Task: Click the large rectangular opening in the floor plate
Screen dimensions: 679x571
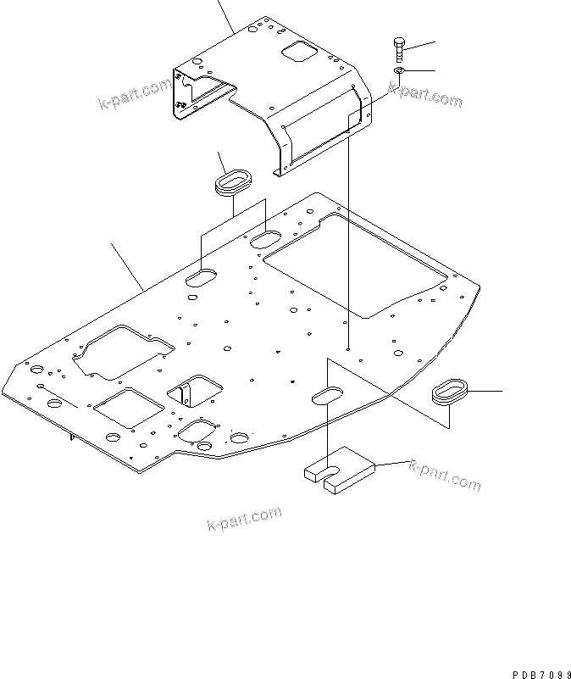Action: tap(356, 263)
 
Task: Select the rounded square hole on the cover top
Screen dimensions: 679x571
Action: tap(297, 53)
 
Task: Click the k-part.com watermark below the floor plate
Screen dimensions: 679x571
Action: tap(244, 518)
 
